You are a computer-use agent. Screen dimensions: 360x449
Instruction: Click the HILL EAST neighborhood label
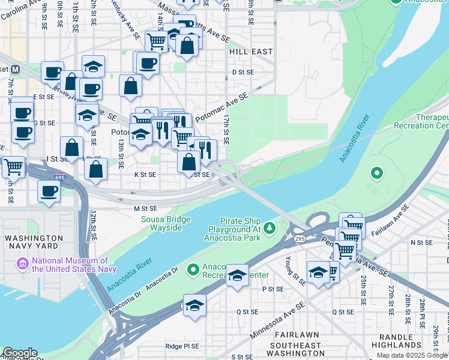pos(251,52)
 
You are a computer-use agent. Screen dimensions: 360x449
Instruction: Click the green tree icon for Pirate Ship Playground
pos(270,227)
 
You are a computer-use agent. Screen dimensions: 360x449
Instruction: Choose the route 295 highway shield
pos(299,239)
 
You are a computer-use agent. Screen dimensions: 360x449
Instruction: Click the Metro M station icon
pos(14,70)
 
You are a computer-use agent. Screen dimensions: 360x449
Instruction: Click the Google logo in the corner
pos(19,353)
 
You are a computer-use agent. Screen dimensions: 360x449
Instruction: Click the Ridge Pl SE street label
pos(185,346)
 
